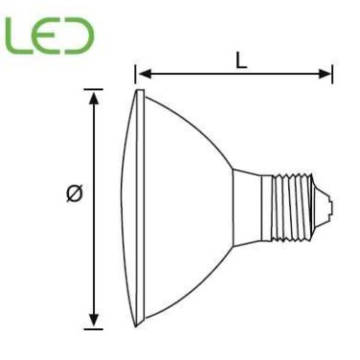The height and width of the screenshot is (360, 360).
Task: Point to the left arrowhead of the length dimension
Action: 140,73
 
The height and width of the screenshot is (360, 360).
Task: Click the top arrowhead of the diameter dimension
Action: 94,96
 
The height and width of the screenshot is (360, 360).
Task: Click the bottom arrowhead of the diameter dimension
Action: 94,321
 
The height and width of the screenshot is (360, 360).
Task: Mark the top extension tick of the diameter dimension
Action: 94,90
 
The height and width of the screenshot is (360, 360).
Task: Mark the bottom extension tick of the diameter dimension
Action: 94,328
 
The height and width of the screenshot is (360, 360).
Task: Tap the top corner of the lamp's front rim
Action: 141,91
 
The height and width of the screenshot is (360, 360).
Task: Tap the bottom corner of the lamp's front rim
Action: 141,327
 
